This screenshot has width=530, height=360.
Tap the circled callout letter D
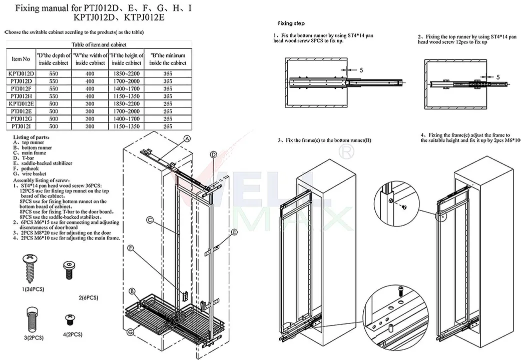(213, 155)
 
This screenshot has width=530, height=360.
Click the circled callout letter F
(131, 247)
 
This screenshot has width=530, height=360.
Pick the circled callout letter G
(131, 331)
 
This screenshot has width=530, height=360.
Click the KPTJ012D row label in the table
(21, 73)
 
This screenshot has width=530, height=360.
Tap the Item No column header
(21, 59)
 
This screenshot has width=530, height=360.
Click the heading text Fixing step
(291, 23)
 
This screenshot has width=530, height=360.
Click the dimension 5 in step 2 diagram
(498, 77)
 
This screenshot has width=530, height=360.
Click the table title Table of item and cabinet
(100, 44)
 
